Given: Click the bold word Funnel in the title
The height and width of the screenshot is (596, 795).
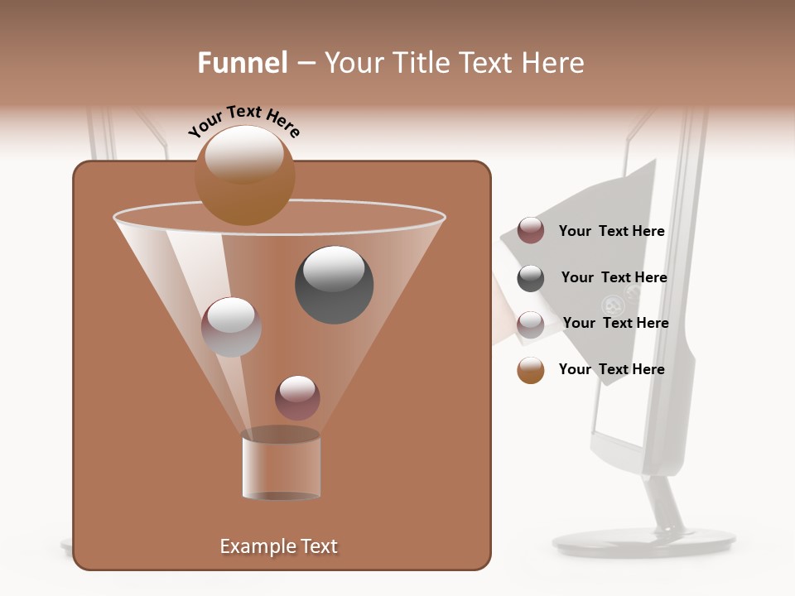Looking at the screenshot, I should [x=242, y=63].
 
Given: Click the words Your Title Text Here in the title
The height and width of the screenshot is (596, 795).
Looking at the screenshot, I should [x=454, y=63].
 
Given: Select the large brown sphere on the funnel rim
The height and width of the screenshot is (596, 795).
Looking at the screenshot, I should [x=244, y=175].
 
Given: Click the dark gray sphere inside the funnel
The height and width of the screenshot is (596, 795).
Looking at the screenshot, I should [x=334, y=285].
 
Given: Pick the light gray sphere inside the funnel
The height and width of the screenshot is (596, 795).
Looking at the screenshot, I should [x=231, y=327].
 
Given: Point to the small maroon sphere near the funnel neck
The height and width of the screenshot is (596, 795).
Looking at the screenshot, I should [x=297, y=397].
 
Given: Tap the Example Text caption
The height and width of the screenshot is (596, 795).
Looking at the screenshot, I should [x=278, y=546].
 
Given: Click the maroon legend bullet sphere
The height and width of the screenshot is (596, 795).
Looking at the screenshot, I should [x=531, y=231].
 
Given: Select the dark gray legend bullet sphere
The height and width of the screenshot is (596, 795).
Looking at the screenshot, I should [x=531, y=278].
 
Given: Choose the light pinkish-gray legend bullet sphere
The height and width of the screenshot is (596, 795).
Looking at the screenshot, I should [x=531, y=324].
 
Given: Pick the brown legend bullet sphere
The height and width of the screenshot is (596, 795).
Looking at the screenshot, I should [x=531, y=370].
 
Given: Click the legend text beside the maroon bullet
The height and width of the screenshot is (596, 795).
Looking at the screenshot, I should [x=611, y=232].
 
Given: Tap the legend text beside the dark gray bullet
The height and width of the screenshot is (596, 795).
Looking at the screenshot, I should [x=614, y=277].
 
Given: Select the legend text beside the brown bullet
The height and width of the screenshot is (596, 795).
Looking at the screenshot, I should [x=611, y=369].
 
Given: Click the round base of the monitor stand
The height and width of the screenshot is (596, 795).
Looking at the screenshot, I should [x=643, y=542].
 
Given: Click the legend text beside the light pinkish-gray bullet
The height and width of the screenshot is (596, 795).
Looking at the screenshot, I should [x=615, y=323].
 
